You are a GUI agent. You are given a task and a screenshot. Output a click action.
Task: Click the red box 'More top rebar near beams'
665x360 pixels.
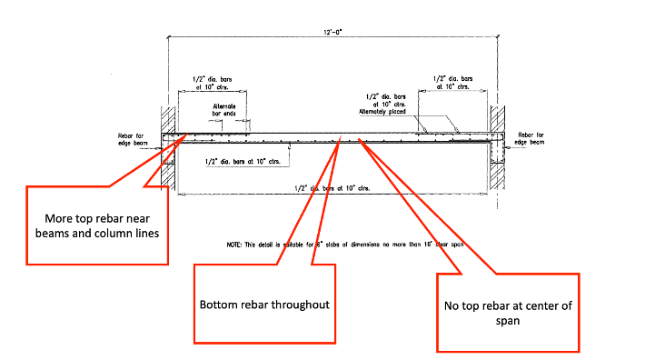97,225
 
